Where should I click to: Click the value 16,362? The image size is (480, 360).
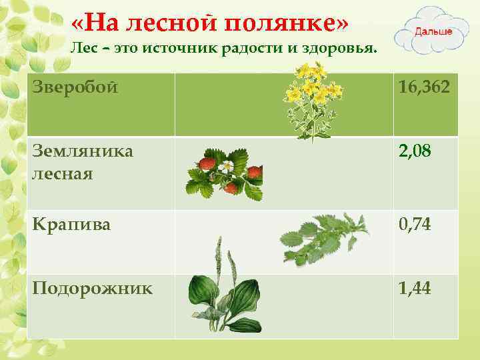[x=424, y=87]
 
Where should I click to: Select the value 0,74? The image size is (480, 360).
[x=415, y=225]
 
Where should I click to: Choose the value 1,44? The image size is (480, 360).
[x=415, y=289]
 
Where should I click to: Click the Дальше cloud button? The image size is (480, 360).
[x=434, y=31]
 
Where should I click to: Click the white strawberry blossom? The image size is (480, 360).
[x=228, y=167]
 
